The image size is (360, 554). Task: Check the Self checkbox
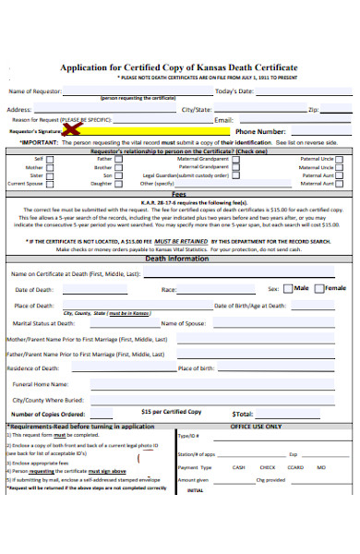pyautogui.click(x=51, y=159)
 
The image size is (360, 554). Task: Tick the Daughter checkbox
pyautogui.click(x=120, y=184)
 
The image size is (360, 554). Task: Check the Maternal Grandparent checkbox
pyautogui.click(x=234, y=159)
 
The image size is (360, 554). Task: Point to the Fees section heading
pyautogui.click(x=179, y=195)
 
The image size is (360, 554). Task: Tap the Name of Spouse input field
pyautogui.click(x=268, y=324)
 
